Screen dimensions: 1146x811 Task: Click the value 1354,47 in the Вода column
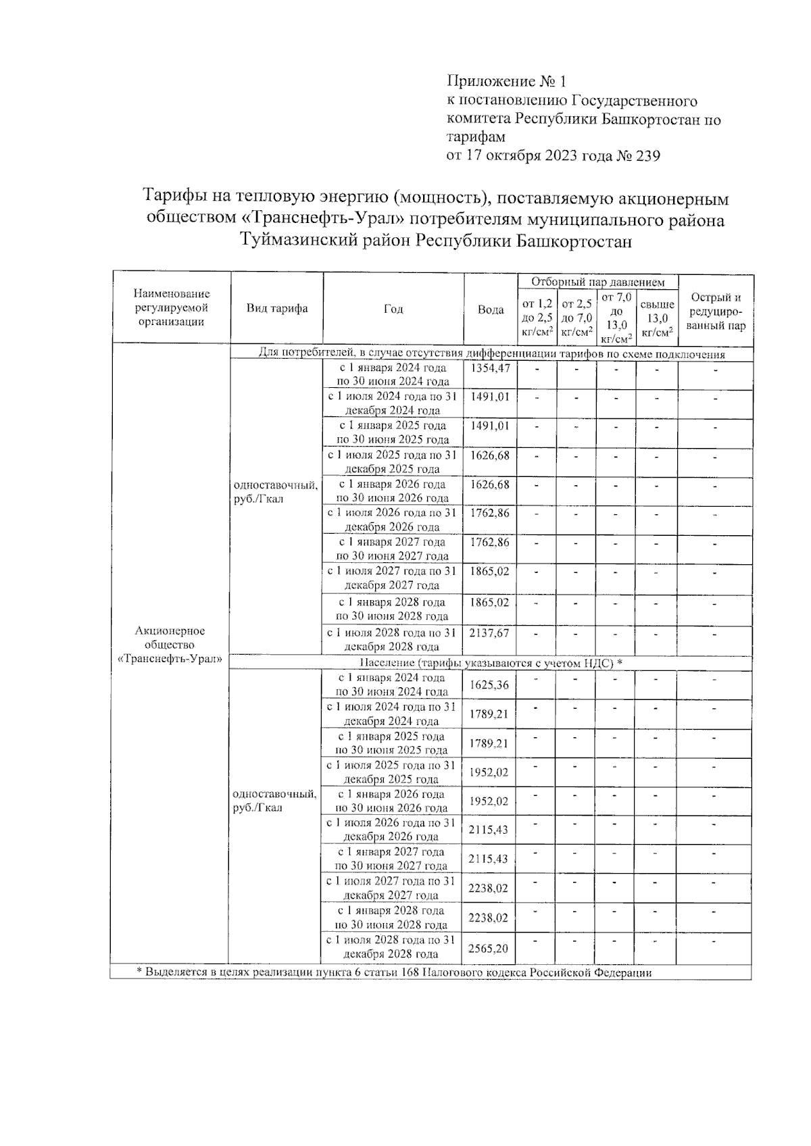(490, 368)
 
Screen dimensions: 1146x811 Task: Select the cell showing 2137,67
(490, 633)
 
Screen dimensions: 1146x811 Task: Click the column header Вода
(491, 309)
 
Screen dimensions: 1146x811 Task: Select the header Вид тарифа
(277, 309)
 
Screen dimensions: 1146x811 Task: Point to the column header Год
(393, 309)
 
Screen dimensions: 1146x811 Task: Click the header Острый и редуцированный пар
(716, 312)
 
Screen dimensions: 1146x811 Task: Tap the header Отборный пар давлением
(597, 282)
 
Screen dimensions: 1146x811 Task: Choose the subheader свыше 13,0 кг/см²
(657, 318)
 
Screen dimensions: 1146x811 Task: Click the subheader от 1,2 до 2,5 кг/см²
(537, 318)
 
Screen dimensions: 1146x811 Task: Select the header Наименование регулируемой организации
(172, 307)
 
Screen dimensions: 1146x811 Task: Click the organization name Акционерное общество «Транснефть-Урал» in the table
(170, 645)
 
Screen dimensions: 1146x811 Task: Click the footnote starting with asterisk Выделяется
(395, 972)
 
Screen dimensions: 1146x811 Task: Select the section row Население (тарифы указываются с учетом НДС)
(491, 663)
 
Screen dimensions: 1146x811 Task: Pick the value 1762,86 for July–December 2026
(490, 513)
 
